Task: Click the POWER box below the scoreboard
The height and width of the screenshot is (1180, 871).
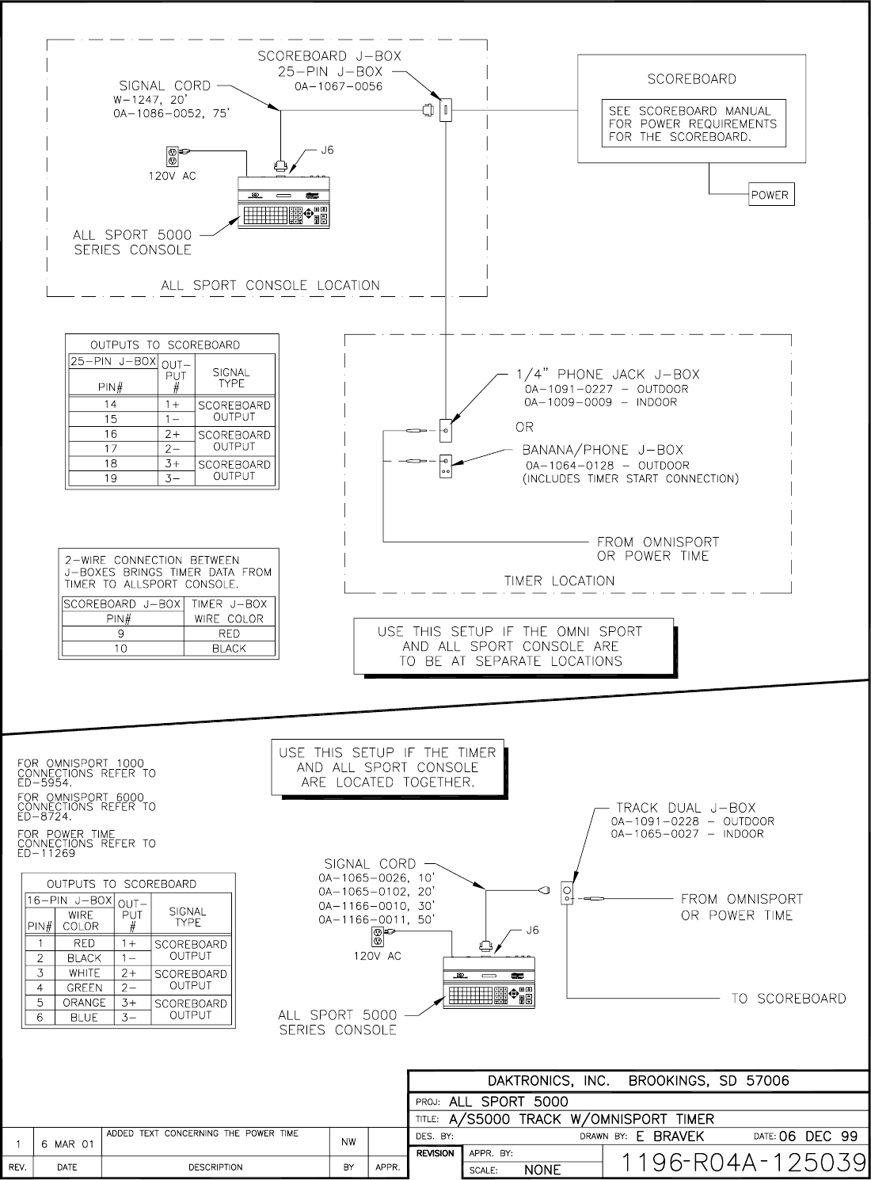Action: point(770,195)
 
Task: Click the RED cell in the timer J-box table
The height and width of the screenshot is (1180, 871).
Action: point(229,634)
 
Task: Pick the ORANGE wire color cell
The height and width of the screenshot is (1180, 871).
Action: point(84,1003)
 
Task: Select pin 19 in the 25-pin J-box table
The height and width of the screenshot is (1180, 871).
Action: point(111,478)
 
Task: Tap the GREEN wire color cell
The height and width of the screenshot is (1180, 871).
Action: point(84,988)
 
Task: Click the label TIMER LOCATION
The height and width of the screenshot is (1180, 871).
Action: point(559,580)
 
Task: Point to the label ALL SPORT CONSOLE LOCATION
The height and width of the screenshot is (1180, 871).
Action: point(270,285)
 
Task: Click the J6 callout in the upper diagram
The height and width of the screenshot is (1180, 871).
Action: point(326,149)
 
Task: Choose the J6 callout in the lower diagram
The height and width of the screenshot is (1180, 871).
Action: point(532,931)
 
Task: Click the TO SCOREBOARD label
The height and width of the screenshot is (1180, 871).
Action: point(788,998)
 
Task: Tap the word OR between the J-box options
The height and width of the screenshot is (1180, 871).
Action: point(524,427)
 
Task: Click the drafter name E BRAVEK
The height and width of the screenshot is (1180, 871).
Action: point(670,1136)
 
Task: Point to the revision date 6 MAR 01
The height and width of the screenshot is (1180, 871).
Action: point(67,1144)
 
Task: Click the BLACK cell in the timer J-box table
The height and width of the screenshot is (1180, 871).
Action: point(229,649)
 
